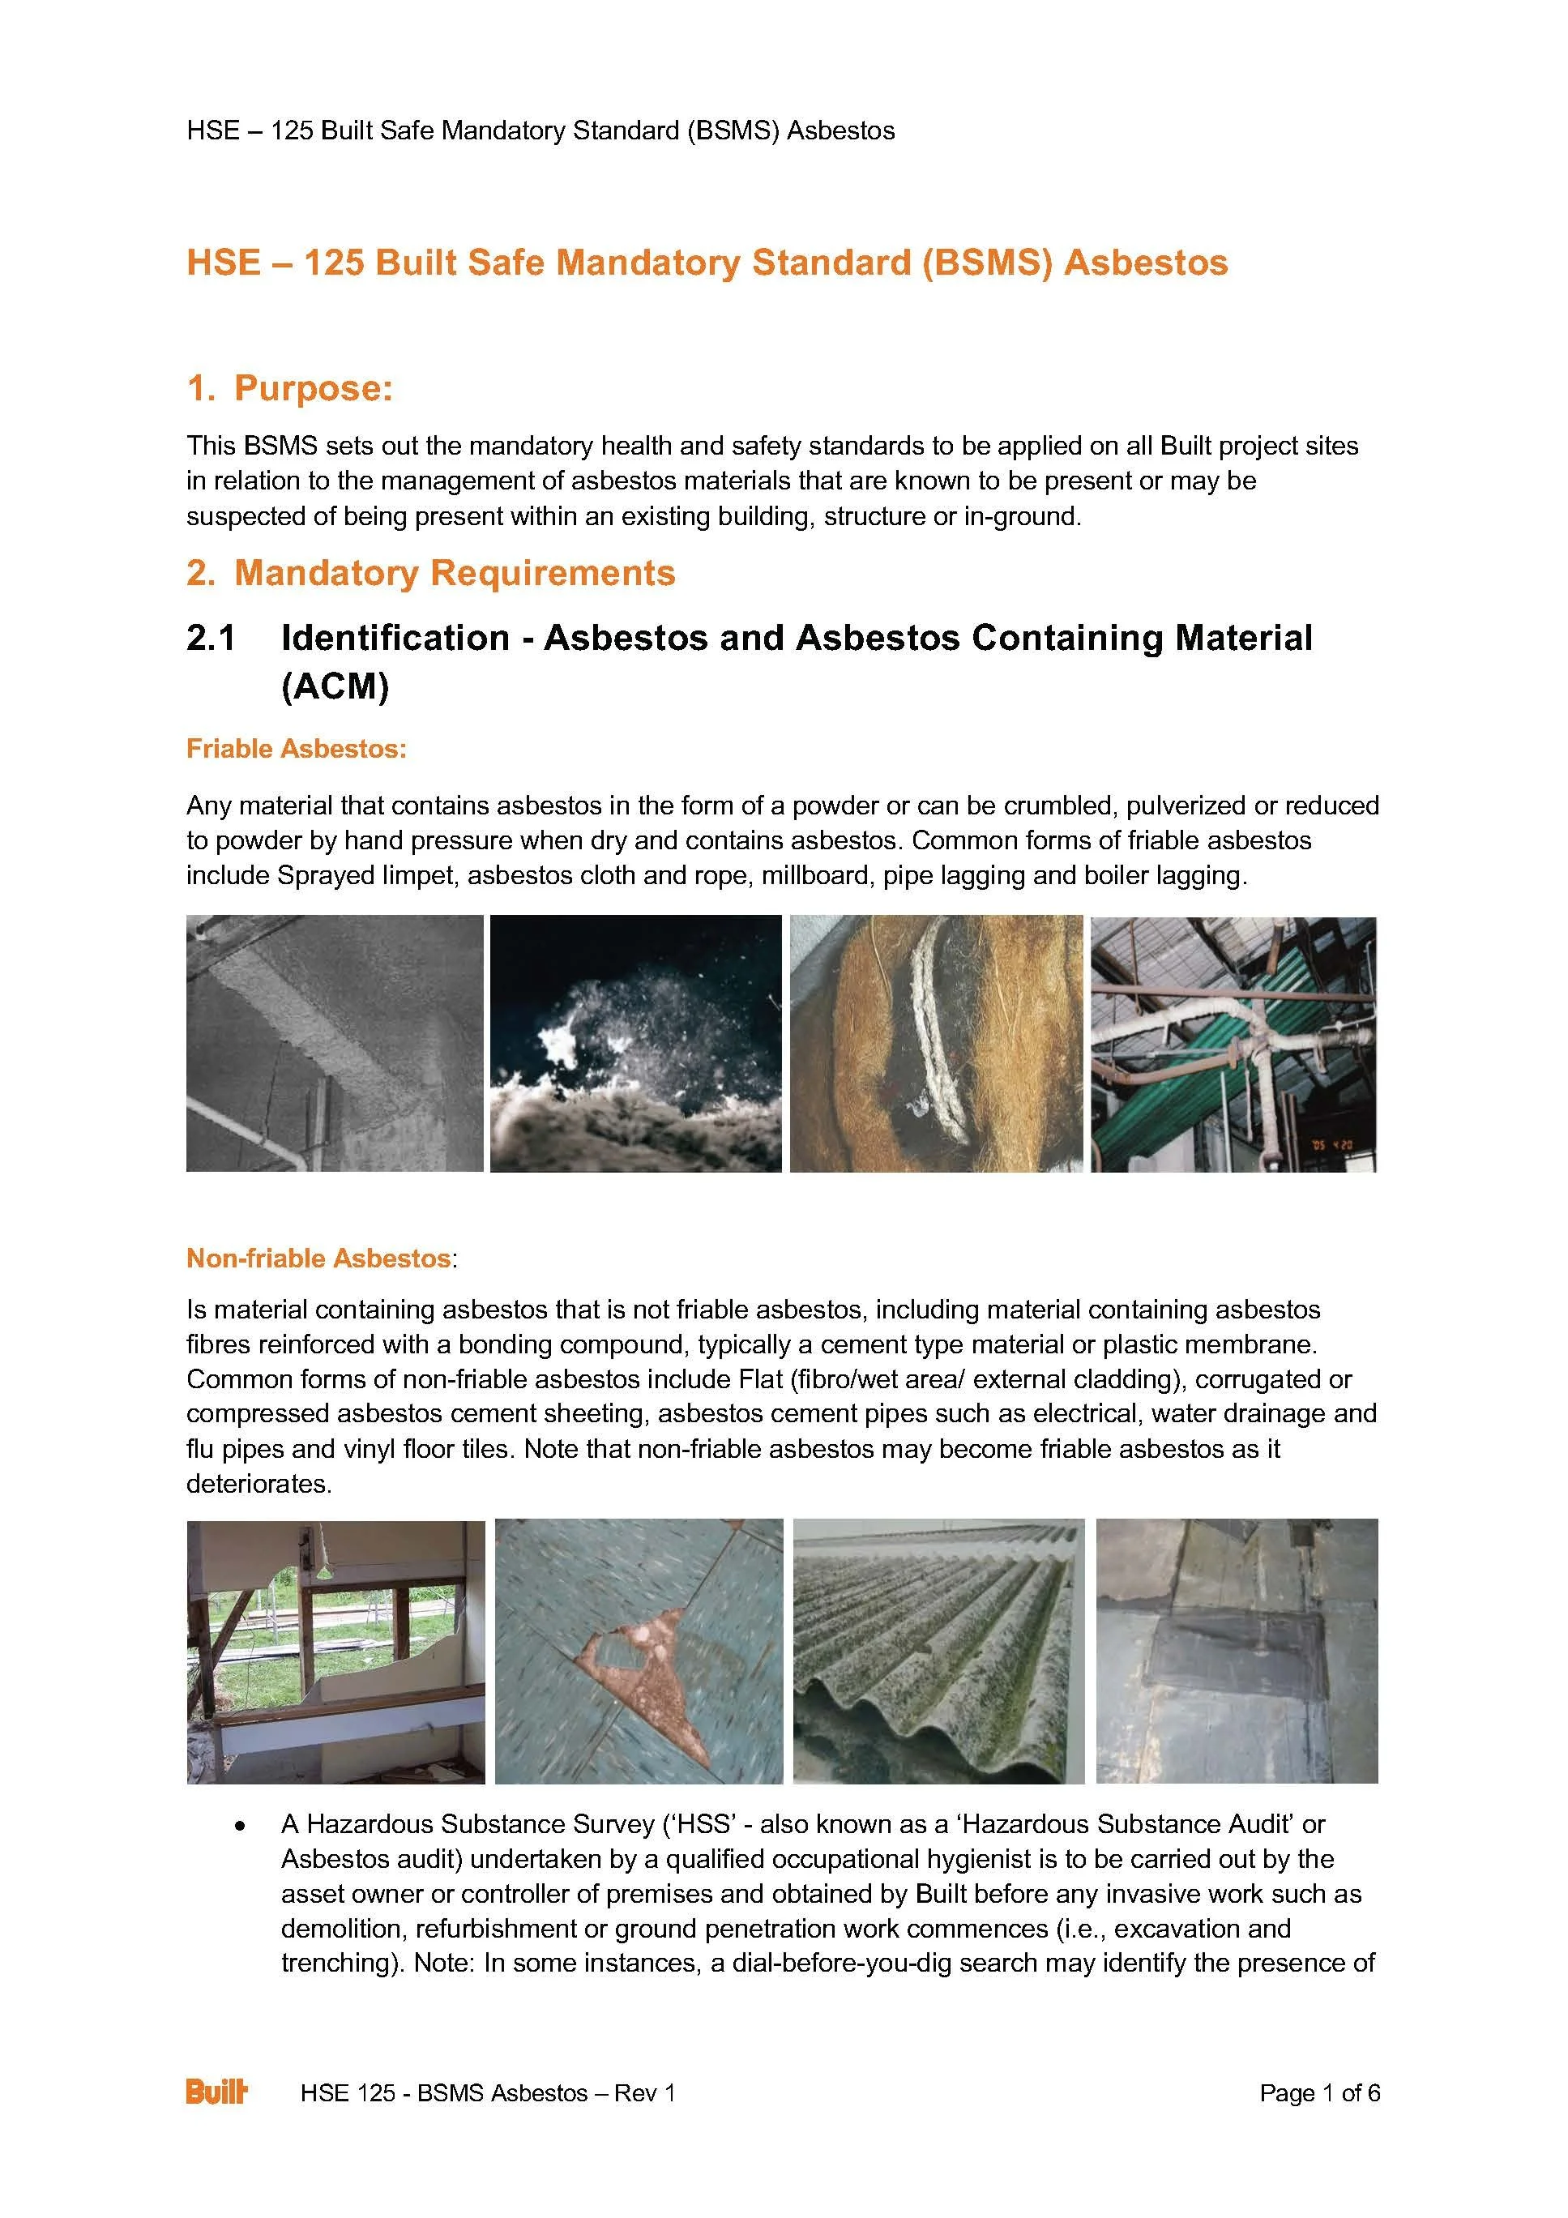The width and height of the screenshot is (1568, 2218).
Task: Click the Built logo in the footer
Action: [216, 2092]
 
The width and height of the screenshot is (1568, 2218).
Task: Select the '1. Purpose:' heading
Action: [290, 388]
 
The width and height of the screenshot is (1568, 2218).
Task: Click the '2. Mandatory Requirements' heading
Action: [431, 573]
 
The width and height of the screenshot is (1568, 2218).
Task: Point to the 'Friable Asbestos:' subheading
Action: [297, 749]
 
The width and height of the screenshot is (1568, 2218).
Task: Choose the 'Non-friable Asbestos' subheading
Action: [318, 1258]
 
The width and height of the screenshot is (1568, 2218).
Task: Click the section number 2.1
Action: [211, 639]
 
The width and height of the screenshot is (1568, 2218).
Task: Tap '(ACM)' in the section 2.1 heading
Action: [335, 687]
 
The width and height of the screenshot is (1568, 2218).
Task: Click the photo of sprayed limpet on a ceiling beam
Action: [335, 1043]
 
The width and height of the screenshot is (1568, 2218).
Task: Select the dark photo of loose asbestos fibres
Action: [635, 1043]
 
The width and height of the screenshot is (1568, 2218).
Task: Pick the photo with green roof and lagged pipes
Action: [1233, 1043]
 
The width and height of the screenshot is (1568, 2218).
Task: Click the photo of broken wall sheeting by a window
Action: [335, 1652]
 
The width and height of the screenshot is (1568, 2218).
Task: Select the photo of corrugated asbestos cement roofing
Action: [938, 1652]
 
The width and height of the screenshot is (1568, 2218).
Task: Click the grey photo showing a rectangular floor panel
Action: [1237, 1652]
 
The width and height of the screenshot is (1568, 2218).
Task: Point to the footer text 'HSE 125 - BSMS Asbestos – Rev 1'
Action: [488, 2093]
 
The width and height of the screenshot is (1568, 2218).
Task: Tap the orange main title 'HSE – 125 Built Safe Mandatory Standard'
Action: [707, 263]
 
